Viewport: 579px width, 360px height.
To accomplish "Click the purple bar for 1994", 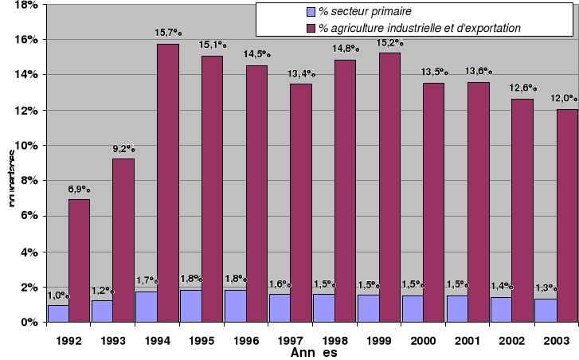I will click(167, 183).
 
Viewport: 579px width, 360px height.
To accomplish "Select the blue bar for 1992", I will click(58, 313).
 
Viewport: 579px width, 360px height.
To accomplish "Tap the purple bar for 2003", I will click(566, 215).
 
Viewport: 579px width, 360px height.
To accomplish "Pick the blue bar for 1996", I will click(236, 306).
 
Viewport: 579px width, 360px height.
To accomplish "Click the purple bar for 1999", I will click(389, 187).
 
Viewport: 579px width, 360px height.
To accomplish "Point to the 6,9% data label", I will click(78, 190).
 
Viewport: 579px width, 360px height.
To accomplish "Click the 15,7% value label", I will click(168, 34).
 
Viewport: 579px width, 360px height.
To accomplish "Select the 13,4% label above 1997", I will click(300, 74).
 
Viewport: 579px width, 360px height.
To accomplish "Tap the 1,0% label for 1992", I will click(58, 295).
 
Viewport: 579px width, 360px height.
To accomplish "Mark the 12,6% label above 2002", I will click(522, 88).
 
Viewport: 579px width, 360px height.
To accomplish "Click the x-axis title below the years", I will click(314, 353).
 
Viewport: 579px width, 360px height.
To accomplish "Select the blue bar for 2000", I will click(413, 308).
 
